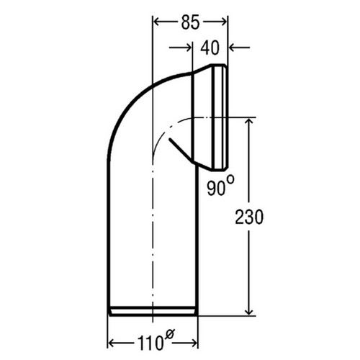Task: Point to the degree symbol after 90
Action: (x=230, y=179)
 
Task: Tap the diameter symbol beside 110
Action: (x=169, y=333)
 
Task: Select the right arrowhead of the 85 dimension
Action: (x=224, y=22)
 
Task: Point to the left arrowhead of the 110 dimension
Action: (x=112, y=341)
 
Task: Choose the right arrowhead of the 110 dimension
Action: (x=193, y=341)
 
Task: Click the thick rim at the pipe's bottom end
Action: (x=152, y=311)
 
